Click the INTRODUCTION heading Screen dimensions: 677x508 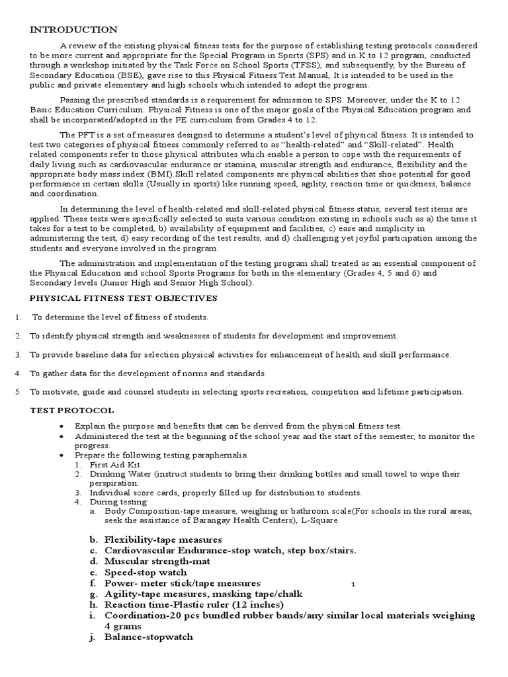pyautogui.click(x=73, y=30)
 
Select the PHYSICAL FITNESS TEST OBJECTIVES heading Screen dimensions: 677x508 pyautogui.click(x=124, y=298)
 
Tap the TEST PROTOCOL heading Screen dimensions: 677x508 pyautogui.click(x=72, y=411)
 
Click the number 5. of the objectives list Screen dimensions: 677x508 pyautogui.click(x=18, y=391)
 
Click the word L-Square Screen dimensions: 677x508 pyautogui.click(x=319, y=520)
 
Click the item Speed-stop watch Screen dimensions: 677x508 pyautogui.click(x=146, y=572)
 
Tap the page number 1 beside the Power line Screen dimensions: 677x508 pyautogui.click(x=354, y=584)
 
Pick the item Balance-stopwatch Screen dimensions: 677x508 pyautogui.click(x=149, y=637)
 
